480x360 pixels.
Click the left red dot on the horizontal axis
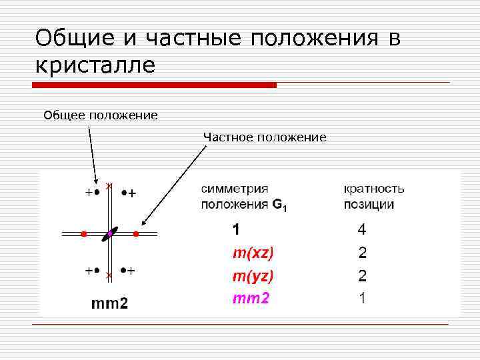click(x=83, y=234)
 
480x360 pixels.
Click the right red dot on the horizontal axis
click(x=135, y=234)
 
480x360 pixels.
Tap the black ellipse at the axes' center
click(x=110, y=234)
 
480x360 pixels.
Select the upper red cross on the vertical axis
click(x=109, y=185)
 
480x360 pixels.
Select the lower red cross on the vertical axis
click(x=109, y=274)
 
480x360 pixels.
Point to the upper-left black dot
click(x=97, y=193)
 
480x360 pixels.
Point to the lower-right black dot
click(x=124, y=271)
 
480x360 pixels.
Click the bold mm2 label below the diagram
click(x=109, y=304)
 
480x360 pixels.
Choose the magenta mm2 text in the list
click(x=251, y=298)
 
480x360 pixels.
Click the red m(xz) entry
click(x=253, y=253)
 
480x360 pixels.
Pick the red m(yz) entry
click(x=253, y=275)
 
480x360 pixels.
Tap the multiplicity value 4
click(x=362, y=230)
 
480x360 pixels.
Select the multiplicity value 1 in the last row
click(x=362, y=298)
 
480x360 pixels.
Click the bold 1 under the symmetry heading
click(x=236, y=230)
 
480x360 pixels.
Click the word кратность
click(x=373, y=189)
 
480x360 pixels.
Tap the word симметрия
click(x=235, y=189)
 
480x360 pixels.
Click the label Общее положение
click(x=101, y=115)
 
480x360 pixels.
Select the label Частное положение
click(x=265, y=137)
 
